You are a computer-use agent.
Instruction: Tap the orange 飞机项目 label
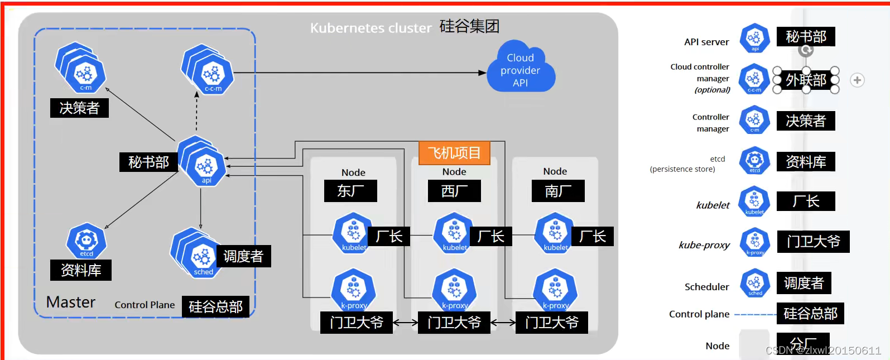(x=454, y=153)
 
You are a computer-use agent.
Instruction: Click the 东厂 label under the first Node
(x=350, y=191)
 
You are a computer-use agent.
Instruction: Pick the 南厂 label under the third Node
(x=557, y=191)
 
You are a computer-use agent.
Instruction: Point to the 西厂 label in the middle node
(x=454, y=191)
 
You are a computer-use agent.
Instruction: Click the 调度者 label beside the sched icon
(x=243, y=256)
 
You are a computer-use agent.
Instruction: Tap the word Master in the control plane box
(x=70, y=302)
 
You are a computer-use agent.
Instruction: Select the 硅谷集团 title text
(x=469, y=26)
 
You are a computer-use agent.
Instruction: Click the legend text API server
(x=706, y=42)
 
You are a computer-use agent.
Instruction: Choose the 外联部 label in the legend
(x=806, y=80)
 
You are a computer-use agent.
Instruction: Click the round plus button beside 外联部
(x=857, y=80)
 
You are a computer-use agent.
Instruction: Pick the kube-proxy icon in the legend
(x=755, y=242)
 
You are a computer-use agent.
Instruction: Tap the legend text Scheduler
(x=706, y=287)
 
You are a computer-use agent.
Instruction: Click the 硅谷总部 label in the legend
(x=810, y=314)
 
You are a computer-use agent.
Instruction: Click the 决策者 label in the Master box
(x=79, y=108)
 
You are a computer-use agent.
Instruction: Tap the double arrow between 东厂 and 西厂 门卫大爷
(x=405, y=322)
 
